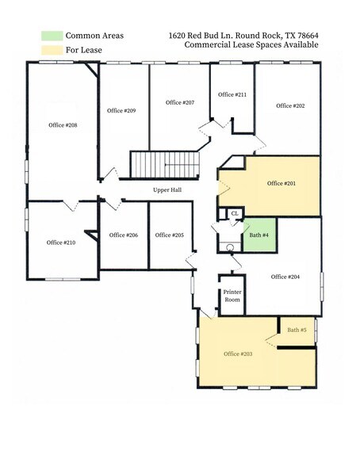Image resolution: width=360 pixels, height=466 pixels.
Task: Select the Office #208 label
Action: (x=63, y=125)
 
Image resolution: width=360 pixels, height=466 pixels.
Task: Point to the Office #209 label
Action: (x=122, y=110)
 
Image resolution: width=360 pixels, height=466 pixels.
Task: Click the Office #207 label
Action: (x=180, y=102)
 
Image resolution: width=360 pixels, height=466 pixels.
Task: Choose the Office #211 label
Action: (x=232, y=94)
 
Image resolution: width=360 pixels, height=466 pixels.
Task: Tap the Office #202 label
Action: (x=290, y=105)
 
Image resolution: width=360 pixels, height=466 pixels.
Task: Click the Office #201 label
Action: (x=281, y=183)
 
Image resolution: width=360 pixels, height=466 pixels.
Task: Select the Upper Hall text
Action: (x=169, y=190)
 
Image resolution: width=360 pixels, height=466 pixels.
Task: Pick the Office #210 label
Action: (x=61, y=243)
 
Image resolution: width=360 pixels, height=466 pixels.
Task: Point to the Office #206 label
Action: (x=124, y=235)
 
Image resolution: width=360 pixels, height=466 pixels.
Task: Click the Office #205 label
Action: (x=170, y=235)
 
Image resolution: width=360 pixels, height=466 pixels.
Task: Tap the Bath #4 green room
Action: (x=259, y=235)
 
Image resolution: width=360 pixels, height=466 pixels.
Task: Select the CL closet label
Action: (x=234, y=213)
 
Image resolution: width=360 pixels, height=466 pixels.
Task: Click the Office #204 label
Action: (x=285, y=277)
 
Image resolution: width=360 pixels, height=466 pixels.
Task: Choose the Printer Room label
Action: (x=232, y=297)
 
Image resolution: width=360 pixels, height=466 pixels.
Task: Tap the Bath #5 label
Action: (x=297, y=329)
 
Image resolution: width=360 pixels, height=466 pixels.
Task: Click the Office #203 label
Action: (x=238, y=353)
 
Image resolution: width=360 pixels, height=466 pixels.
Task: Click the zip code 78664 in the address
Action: (x=304, y=36)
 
